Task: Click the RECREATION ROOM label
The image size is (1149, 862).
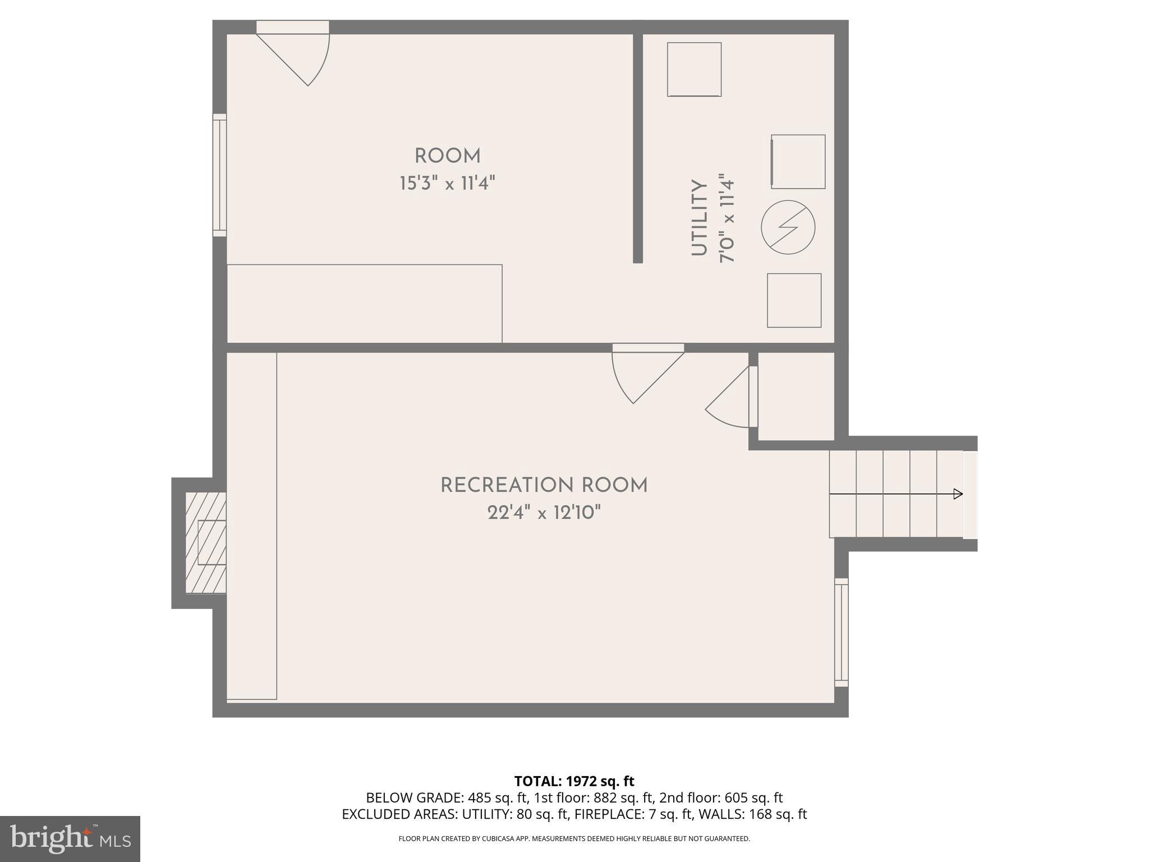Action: coord(544,485)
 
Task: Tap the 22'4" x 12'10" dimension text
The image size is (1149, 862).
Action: coord(544,512)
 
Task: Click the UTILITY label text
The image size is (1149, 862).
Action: coord(699,218)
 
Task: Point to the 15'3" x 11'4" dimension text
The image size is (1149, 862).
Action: coord(447,184)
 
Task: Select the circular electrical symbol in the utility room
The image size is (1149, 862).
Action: coord(788,227)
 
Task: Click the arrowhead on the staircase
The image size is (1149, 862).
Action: coord(958,494)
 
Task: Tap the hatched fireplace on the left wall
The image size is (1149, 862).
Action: coord(206,543)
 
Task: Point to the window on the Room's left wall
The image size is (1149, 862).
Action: coord(219,175)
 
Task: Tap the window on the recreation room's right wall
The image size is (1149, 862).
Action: coord(841,632)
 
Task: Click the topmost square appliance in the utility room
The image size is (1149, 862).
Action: coord(694,70)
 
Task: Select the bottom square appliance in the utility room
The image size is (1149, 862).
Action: coord(794,300)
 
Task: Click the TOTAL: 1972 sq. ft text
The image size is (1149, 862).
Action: coord(574,781)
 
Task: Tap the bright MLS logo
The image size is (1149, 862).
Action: coord(70,838)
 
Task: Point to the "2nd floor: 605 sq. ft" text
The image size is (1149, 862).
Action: coord(721,797)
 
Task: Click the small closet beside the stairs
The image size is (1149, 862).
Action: coord(796,396)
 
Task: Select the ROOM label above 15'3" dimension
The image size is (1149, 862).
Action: coord(447,156)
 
